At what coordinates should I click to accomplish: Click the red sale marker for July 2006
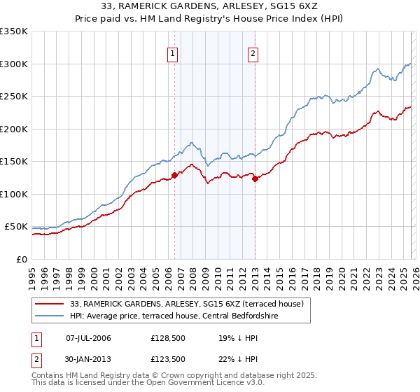coord(174,176)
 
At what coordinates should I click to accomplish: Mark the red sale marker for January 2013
coord(255,179)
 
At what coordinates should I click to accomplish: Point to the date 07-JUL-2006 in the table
coord(87,338)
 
